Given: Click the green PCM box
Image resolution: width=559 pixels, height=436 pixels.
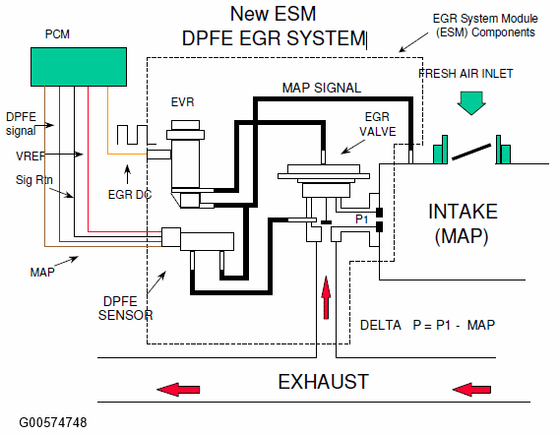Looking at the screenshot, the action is point(79,67).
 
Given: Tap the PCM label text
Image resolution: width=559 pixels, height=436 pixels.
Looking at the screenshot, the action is point(57,34).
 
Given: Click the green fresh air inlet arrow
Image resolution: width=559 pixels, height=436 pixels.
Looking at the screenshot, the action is point(471,103).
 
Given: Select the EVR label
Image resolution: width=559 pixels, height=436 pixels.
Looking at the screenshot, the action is point(182,102).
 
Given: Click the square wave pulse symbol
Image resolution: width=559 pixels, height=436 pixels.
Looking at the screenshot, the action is point(136,135).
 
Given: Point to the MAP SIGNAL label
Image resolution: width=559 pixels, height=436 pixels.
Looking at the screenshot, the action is point(322,88).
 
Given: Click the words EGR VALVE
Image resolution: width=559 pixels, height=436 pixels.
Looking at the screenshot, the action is point(377,124).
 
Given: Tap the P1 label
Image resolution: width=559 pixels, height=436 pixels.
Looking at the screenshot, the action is point(362,218).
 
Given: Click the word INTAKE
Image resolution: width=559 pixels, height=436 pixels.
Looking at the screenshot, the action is point(463,212).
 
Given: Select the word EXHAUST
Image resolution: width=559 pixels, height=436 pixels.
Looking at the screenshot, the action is point(324,382).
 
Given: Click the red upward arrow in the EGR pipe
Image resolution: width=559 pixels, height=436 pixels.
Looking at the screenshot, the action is point(326,297).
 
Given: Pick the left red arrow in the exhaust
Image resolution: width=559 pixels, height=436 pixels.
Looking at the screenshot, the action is point(178,390).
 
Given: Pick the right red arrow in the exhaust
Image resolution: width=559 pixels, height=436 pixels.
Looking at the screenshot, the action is point(471,390).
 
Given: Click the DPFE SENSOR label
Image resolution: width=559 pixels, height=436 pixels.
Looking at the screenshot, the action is point(125,308).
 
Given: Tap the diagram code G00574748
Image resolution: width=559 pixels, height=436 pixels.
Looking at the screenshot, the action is point(53,423).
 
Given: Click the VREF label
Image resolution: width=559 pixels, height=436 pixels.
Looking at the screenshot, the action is point(31,156).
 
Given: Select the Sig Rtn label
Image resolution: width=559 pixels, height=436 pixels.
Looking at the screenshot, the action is point(34,180).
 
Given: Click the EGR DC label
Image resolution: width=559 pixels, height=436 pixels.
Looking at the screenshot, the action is point(130,195).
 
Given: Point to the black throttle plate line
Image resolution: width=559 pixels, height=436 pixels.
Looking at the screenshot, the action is point(471,152).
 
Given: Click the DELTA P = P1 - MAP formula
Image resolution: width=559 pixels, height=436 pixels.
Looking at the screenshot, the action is point(427,325).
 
